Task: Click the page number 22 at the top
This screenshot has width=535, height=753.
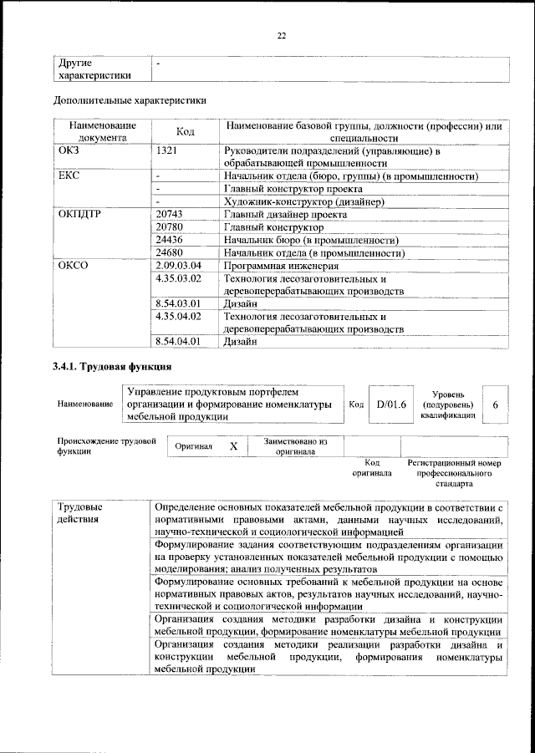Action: pyautogui.click(x=282, y=34)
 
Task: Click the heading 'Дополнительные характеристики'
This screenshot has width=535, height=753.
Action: pyautogui.click(x=129, y=100)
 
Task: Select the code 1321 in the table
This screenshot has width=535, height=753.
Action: pyautogui.click(x=171, y=151)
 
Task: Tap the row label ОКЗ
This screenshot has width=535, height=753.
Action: pyautogui.click(x=70, y=151)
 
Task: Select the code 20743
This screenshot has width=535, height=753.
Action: pyautogui.click(x=174, y=214)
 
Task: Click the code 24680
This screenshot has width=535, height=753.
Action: pyautogui.click(x=174, y=252)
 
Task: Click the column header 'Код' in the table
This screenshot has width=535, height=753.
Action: pyautogui.click(x=186, y=132)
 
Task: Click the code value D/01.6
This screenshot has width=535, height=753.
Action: pyautogui.click(x=390, y=404)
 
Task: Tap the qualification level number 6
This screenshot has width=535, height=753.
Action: pyautogui.click(x=496, y=404)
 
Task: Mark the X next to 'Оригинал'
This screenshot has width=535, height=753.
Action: pyautogui.click(x=234, y=446)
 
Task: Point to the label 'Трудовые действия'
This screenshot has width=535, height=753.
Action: pyautogui.click(x=80, y=512)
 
